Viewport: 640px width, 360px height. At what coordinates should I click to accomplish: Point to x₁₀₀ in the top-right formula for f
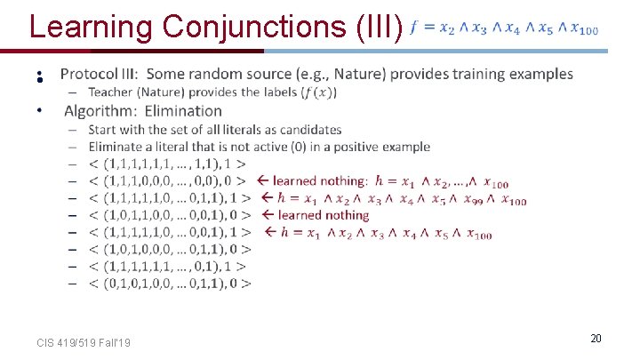583,29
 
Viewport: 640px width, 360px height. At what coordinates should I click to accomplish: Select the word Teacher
112,92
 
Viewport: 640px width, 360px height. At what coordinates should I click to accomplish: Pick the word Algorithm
99,110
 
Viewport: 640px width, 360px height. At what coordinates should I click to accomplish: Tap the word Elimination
183,110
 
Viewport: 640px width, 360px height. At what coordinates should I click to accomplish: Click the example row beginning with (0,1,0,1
170,284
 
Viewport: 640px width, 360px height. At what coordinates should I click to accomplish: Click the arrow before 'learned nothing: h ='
264,181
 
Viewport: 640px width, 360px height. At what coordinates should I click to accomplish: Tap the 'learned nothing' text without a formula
323,215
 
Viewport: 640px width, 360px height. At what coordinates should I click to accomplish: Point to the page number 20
596,339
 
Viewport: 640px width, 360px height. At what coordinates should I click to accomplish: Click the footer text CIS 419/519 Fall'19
84,342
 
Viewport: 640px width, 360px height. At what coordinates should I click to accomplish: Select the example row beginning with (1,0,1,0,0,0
170,250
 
